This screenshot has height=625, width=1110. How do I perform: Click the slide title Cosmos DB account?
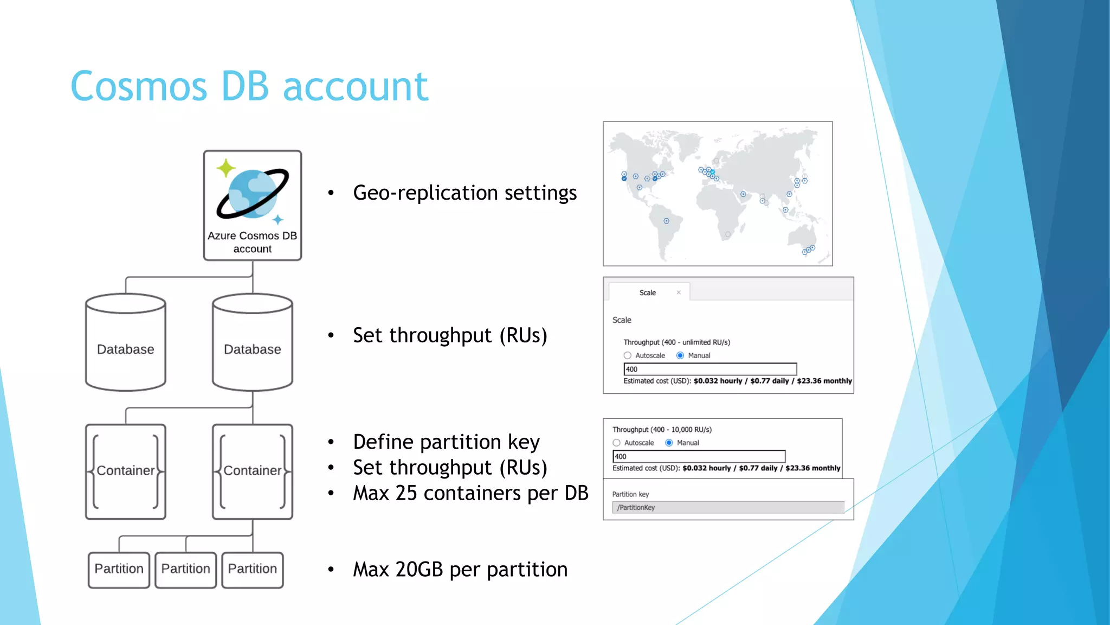[249, 86]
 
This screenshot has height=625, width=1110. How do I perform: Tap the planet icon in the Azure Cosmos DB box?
[253, 194]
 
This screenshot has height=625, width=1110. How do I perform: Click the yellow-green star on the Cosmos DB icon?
[225, 168]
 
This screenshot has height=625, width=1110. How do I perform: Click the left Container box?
[125, 471]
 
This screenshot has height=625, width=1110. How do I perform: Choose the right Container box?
[253, 471]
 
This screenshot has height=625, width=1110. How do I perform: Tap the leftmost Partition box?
[119, 569]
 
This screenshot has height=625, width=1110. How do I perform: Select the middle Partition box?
[185, 569]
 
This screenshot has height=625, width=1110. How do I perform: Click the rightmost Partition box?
[253, 569]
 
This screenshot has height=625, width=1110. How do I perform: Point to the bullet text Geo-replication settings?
[464, 193]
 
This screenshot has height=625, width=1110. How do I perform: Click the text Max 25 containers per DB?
[470, 493]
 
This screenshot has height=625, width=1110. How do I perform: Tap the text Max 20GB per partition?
[460, 570]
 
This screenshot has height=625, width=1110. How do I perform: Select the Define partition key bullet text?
[446, 442]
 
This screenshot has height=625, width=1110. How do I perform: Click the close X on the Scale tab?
[679, 292]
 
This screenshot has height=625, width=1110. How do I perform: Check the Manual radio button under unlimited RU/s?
[680, 355]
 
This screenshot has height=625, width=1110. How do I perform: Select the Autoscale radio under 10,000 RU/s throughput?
[616, 443]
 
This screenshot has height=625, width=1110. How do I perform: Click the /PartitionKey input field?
[728, 507]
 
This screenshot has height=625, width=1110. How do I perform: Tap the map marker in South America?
[667, 221]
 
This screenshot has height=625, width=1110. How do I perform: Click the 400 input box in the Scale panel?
[710, 369]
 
